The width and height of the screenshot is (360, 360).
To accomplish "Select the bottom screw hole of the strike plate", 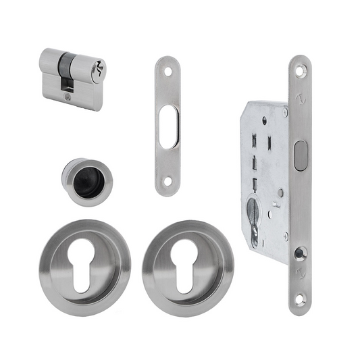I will coord(167,183).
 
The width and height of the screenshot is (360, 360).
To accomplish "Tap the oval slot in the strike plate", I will coord(167,126).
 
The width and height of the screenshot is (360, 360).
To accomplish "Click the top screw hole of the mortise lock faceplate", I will coord(300,68).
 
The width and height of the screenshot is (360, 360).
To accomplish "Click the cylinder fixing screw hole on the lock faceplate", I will coord(300,253).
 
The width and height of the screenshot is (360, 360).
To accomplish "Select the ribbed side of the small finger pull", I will coord(68,177).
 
